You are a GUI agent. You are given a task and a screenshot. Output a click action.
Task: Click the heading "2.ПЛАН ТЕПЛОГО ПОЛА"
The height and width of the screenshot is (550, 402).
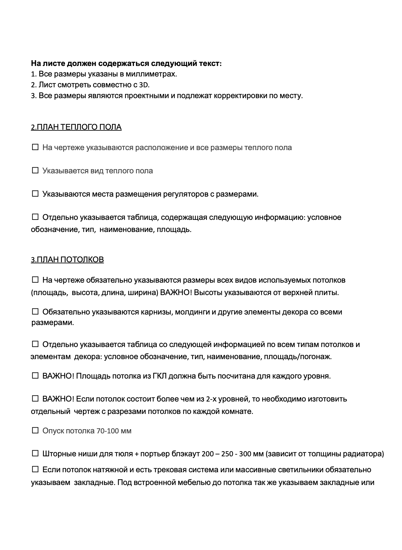(x=76, y=127)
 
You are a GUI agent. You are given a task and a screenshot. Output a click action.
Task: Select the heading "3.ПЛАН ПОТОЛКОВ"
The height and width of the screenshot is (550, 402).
(x=67, y=260)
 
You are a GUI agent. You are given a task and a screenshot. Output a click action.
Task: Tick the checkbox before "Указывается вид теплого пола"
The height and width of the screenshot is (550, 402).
(x=35, y=170)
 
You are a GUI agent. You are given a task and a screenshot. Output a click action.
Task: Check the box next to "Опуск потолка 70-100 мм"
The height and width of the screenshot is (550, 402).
(x=35, y=431)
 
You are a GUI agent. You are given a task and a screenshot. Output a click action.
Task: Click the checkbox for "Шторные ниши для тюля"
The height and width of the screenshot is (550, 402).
(x=35, y=453)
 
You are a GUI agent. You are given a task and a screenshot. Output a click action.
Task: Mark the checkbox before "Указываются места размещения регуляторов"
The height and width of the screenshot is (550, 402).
(x=35, y=194)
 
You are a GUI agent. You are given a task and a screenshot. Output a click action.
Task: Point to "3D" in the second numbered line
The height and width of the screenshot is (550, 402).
(x=144, y=85)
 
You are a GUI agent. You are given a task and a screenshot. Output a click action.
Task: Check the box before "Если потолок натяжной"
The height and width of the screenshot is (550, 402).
(x=35, y=469)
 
